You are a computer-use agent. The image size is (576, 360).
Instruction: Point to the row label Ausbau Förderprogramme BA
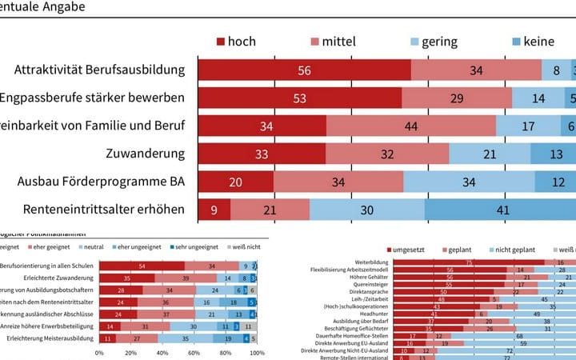(101, 182)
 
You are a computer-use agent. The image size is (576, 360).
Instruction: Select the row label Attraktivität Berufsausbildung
(99, 70)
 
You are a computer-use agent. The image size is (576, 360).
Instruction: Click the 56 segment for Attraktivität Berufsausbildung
(304, 70)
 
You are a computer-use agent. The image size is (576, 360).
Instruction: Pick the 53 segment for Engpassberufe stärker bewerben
(298, 98)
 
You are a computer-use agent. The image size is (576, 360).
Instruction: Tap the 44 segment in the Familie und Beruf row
(411, 126)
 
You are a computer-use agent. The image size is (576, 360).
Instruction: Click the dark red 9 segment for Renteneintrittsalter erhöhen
(214, 210)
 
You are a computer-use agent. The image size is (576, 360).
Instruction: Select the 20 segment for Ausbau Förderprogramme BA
(235, 182)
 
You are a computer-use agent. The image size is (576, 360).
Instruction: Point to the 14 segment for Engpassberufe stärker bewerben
(538, 98)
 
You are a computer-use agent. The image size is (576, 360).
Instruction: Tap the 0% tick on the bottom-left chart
(99, 352)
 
